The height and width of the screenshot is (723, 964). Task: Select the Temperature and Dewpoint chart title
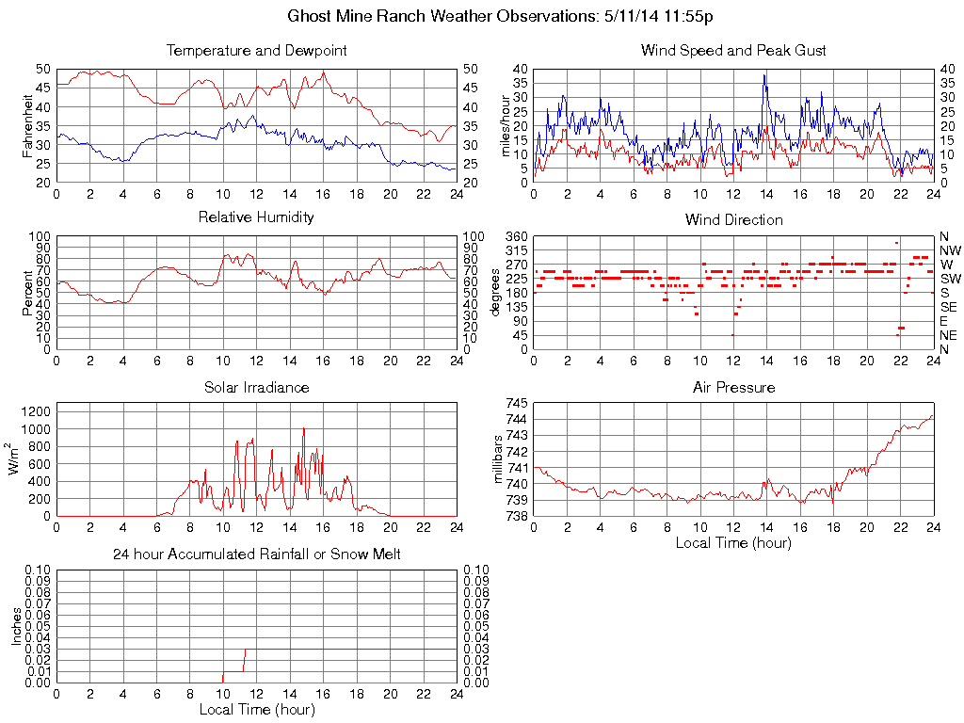pos(256,51)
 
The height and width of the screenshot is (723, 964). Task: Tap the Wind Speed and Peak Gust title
pos(733,51)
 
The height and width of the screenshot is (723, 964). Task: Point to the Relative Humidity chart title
pos(256,217)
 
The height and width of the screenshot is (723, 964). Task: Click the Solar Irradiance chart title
pos(256,387)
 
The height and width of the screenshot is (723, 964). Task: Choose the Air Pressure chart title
pos(733,387)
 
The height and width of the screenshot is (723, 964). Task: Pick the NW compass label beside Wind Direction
pos(950,250)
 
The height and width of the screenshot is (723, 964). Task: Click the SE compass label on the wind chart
pos(949,307)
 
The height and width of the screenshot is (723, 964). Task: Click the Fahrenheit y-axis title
pos(26,125)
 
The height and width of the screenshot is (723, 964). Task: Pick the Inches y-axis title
pos(16,626)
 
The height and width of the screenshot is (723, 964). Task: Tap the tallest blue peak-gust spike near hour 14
pos(764,75)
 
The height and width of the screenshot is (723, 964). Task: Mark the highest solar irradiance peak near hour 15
pos(303,428)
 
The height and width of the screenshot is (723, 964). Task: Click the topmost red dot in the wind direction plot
pos(896,243)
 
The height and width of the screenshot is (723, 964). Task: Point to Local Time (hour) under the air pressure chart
pos(733,542)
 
